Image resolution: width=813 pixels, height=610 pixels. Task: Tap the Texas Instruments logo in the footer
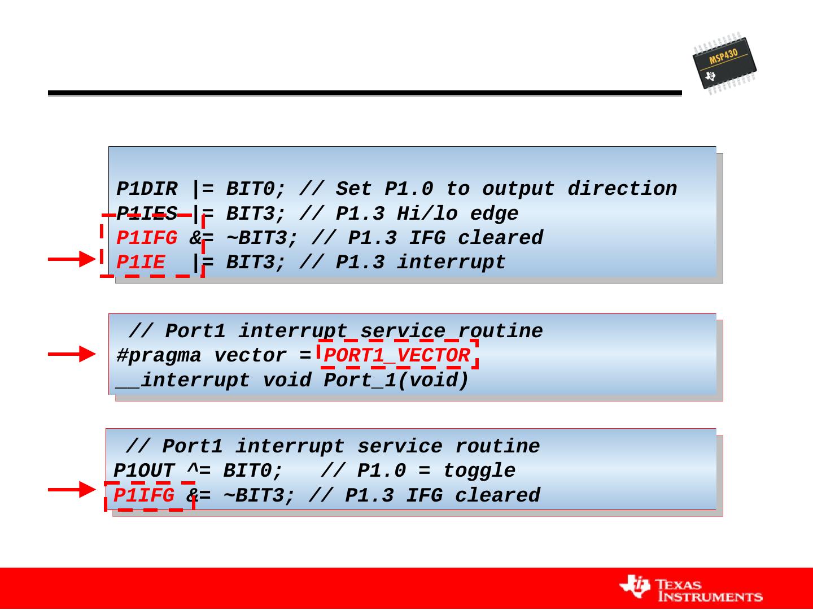[691, 589]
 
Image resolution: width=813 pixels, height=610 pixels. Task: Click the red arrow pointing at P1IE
[72, 259]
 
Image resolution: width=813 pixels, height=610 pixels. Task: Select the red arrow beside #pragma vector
[72, 354]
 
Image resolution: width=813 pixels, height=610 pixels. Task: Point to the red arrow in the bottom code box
[72, 489]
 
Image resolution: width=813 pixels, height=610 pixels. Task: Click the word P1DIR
[147, 189]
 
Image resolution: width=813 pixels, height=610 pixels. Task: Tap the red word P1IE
[141, 263]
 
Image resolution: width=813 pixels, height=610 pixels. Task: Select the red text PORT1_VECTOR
[397, 356]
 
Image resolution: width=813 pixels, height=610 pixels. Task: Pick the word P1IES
[147, 213]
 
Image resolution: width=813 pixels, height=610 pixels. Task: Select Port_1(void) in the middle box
[396, 381]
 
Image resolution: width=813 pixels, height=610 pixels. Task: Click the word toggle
[479, 471]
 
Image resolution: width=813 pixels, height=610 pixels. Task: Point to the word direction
[622, 189]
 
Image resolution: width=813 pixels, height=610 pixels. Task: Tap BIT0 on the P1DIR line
[250, 189]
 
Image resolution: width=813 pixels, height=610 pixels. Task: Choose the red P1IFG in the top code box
[147, 238]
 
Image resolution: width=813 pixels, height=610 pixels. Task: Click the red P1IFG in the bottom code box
[144, 496]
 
